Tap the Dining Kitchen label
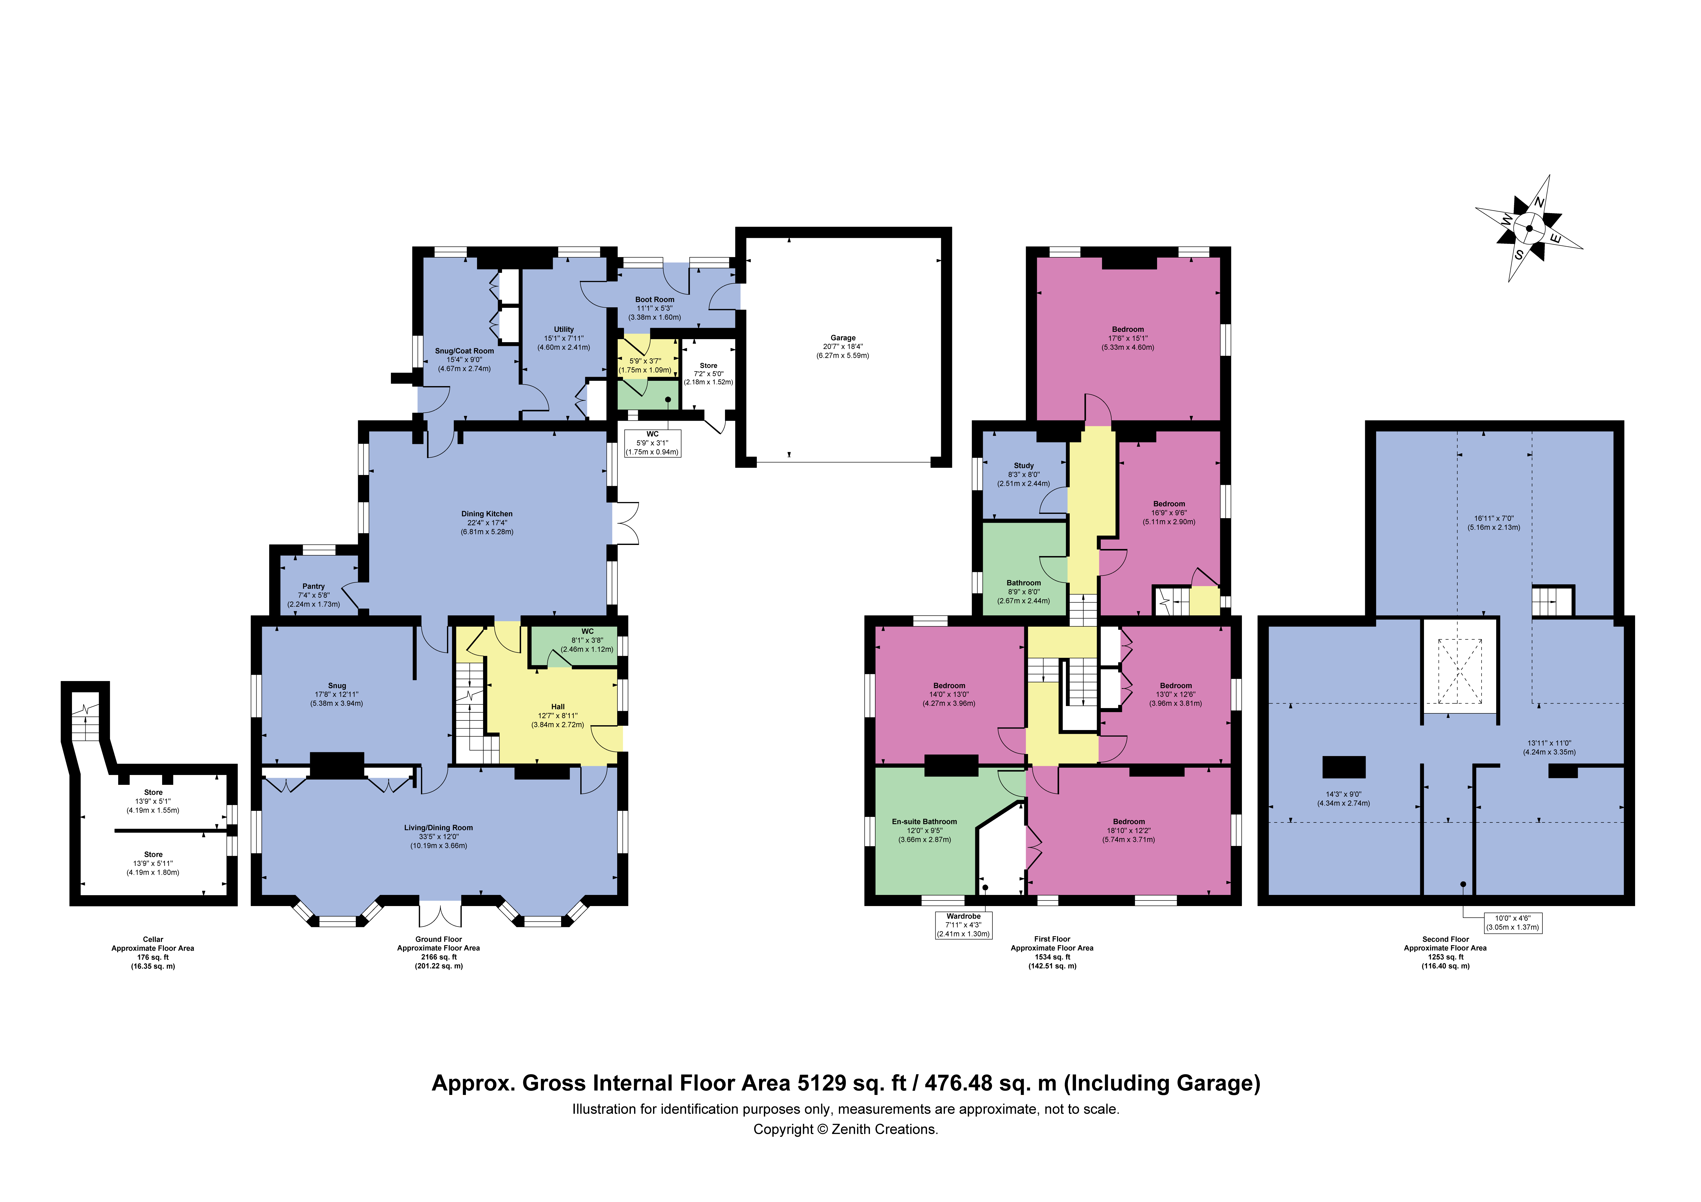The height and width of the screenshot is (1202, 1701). click(487, 514)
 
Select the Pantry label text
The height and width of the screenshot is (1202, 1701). click(313, 586)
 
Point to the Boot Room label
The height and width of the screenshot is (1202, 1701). click(655, 299)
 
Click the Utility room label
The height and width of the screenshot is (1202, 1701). click(564, 329)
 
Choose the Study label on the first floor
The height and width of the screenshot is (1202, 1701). click(1024, 465)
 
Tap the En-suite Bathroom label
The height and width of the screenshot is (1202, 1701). click(924, 821)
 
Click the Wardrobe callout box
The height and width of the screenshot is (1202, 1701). click(964, 925)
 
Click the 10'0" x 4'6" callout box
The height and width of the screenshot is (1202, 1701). click(1513, 923)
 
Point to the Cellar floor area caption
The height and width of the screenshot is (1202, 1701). click(153, 952)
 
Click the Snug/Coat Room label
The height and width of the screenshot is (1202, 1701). click(464, 350)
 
